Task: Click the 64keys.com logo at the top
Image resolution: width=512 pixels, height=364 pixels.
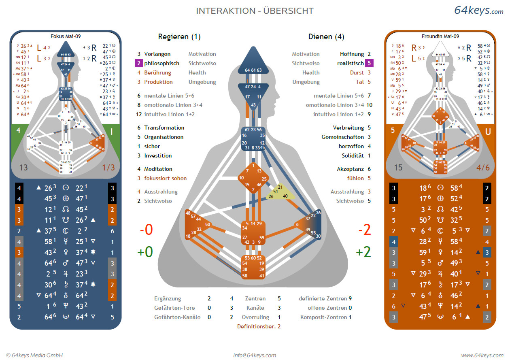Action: coord(478,11)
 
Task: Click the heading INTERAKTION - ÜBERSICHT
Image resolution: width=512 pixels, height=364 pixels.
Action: coord(255,11)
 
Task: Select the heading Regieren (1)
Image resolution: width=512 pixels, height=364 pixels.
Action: coord(179,37)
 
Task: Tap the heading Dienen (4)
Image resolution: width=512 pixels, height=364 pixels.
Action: coord(326,37)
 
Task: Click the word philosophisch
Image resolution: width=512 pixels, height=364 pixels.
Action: coord(161,63)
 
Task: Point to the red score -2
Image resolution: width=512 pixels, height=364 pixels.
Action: coord(364,230)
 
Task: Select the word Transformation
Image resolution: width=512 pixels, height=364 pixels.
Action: coord(164,128)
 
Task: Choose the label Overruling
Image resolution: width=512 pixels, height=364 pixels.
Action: coord(255,317)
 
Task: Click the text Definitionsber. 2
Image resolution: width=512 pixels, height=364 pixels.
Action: coord(259,326)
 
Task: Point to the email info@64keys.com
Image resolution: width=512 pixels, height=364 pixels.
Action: coord(255,355)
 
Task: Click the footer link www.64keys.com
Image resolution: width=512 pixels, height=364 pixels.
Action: coord(482,355)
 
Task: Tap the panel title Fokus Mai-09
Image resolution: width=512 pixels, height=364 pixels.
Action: coord(65,36)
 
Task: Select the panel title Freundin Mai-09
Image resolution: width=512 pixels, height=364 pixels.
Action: coord(440,36)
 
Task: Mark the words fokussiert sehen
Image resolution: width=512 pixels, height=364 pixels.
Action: coord(165,178)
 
